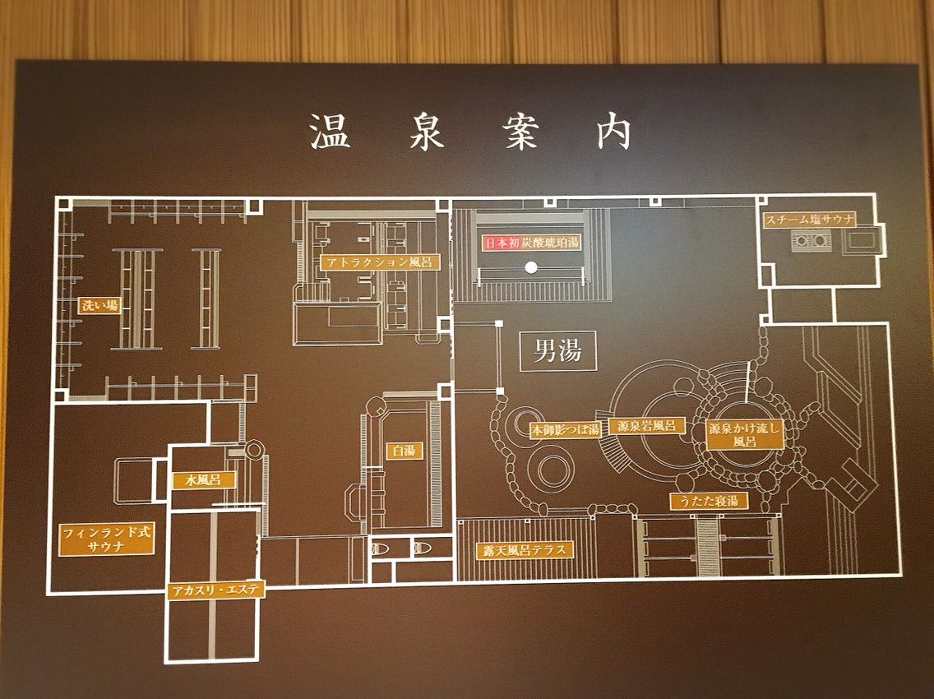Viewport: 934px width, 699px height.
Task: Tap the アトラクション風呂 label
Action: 377,262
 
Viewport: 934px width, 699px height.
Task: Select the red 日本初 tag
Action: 501,243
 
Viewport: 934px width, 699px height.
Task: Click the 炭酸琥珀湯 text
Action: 550,243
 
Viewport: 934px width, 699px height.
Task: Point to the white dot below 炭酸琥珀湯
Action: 531,266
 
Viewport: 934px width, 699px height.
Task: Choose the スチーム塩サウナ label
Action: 810,220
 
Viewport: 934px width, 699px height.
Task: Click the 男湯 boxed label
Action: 558,352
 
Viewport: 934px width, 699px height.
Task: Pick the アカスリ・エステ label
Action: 213,590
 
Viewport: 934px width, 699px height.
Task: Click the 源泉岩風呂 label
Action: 646,426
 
